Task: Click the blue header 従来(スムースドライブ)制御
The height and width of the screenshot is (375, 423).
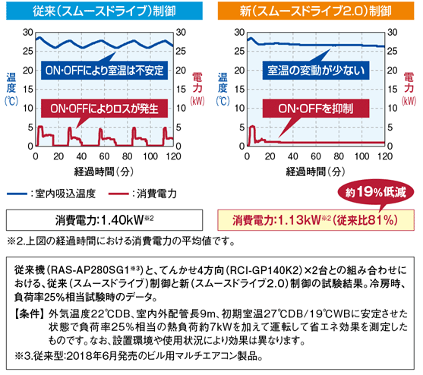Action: (x=104, y=11)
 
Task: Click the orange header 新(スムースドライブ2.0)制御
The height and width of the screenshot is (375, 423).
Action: (x=316, y=11)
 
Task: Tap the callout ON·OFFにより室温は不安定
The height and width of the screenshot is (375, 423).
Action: (x=104, y=71)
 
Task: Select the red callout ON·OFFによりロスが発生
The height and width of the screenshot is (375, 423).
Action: (x=104, y=109)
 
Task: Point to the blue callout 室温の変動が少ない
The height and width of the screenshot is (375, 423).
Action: (x=316, y=71)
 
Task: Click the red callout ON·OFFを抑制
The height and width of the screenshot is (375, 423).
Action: (x=316, y=109)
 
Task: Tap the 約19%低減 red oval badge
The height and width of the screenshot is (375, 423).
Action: (x=375, y=193)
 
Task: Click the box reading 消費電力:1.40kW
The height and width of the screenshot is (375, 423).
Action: (x=104, y=220)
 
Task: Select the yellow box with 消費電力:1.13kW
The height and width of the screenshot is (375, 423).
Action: (x=316, y=220)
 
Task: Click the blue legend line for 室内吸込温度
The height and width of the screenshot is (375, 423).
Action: (x=17, y=194)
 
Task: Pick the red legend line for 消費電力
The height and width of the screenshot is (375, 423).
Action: (x=118, y=194)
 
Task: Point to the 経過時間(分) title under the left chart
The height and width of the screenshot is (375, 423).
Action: (x=104, y=172)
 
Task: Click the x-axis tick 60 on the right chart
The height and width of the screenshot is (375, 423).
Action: (x=316, y=156)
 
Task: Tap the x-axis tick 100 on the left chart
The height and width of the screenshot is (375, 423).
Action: (x=150, y=156)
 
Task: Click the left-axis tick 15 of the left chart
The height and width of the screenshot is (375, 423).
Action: (x=28, y=90)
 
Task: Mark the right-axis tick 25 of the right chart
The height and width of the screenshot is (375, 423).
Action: (x=393, y=51)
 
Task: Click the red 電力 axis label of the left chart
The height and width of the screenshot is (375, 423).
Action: (x=197, y=83)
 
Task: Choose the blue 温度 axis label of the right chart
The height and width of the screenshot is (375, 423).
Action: (x=223, y=83)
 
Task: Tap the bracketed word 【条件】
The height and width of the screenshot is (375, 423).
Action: (x=29, y=314)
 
